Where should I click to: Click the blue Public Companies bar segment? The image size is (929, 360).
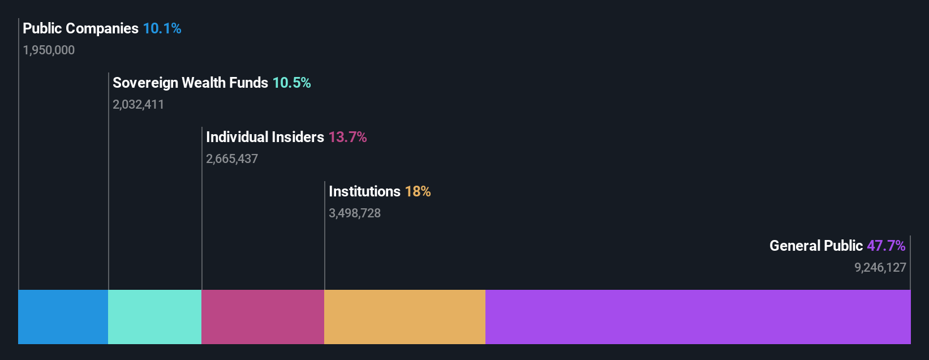click(x=63, y=317)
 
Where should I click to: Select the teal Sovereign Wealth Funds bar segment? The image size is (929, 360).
click(x=154, y=317)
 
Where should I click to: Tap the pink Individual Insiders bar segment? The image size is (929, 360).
click(x=263, y=317)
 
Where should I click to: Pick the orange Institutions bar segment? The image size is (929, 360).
click(x=405, y=317)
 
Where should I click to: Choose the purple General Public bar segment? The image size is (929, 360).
click(x=698, y=317)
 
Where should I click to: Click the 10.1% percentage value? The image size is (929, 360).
click(x=162, y=28)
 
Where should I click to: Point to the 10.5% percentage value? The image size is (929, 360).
click(x=291, y=83)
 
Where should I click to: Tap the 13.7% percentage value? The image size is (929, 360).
click(x=347, y=137)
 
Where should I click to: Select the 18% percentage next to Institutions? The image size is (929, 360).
click(x=418, y=191)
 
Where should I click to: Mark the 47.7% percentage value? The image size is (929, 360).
click(x=886, y=246)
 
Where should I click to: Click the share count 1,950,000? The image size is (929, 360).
click(x=49, y=50)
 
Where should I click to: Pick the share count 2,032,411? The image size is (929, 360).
click(x=138, y=105)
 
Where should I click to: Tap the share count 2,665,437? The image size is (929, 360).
click(x=232, y=159)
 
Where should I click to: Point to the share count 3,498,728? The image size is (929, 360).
click(x=355, y=213)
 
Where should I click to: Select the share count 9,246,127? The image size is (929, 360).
click(x=880, y=268)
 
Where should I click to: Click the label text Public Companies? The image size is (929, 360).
click(x=80, y=28)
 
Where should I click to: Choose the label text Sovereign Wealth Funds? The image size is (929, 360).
click(x=190, y=83)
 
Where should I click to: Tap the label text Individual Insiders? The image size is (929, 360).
click(x=265, y=137)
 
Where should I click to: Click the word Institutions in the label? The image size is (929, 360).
click(x=364, y=191)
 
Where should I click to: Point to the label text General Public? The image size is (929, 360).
click(x=816, y=246)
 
